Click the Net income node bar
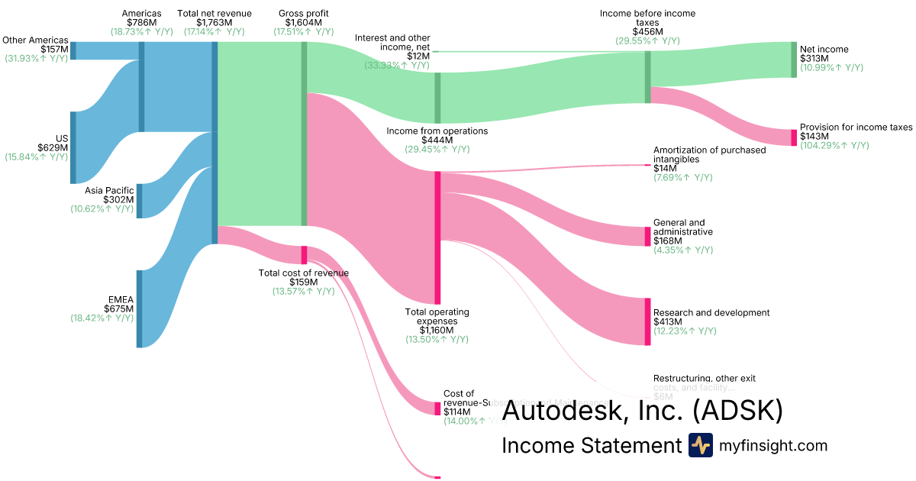click(x=794, y=60)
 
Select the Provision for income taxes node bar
click(x=794, y=137)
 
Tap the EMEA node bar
click(x=139, y=308)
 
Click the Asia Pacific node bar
click(x=139, y=201)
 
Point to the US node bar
click(x=73, y=147)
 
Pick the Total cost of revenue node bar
click(x=304, y=255)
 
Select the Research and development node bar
click(x=647, y=321)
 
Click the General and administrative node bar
click(x=647, y=236)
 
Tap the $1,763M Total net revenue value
click(x=214, y=22)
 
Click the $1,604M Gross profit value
click(x=303, y=22)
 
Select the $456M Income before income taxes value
click(x=647, y=31)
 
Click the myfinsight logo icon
click(x=700, y=445)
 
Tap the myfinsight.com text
click(x=773, y=446)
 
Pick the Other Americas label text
click(x=35, y=40)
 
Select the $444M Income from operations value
click(x=437, y=140)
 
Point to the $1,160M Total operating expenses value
click(x=437, y=330)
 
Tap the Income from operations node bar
click(x=437, y=98)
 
